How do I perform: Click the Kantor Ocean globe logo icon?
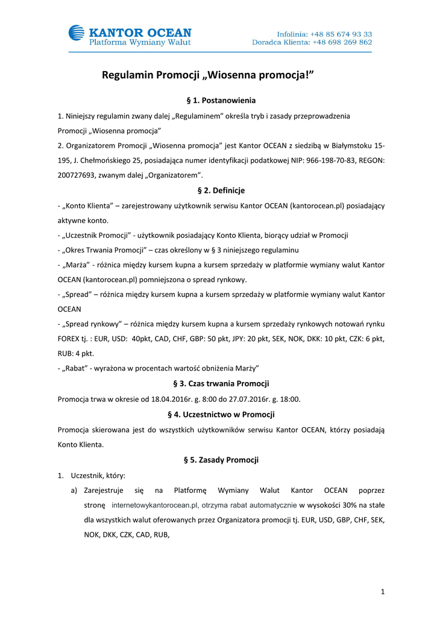(77, 33)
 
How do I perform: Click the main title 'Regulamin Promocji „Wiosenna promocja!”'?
(208, 75)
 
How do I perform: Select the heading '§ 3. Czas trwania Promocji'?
(221, 383)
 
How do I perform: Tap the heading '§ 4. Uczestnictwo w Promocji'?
(221, 415)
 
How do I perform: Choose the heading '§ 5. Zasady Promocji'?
(221, 460)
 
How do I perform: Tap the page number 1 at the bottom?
(383, 592)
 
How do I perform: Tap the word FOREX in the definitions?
(71, 339)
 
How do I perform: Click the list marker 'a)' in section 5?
(75, 490)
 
